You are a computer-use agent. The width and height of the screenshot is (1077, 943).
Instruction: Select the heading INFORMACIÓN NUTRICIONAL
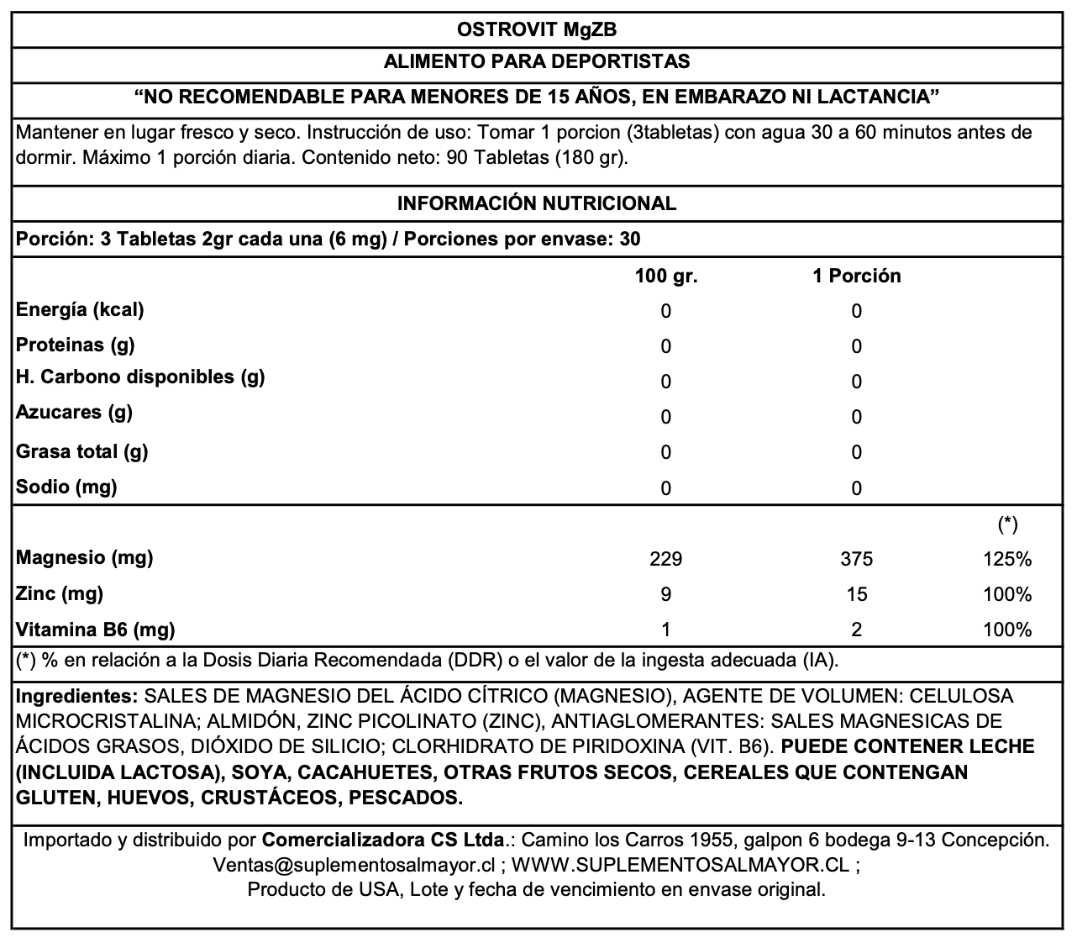(536, 203)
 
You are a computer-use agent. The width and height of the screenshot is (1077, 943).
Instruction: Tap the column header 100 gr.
(666, 276)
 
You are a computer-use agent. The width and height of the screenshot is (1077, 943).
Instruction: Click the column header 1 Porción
(856, 276)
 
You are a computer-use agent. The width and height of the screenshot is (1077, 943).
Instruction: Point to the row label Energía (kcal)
(81, 309)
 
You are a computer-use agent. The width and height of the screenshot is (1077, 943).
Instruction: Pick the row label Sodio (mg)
(67, 487)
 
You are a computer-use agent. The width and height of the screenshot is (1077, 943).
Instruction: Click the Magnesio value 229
(666, 559)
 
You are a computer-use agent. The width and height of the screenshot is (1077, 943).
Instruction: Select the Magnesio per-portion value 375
(856, 559)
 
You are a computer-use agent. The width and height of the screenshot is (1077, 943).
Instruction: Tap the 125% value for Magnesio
(1007, 559)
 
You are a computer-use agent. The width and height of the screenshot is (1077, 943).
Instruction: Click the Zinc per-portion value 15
(856, 594)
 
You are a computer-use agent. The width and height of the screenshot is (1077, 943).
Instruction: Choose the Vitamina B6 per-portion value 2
(856, 630)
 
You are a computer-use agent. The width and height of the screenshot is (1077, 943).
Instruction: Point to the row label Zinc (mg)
(60, 593)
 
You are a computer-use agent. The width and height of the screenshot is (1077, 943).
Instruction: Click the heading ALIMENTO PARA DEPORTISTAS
(536, 61)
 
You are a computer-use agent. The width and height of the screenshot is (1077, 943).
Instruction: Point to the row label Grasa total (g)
(82, 451)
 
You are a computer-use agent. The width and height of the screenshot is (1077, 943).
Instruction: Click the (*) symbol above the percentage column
(1007, 524)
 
